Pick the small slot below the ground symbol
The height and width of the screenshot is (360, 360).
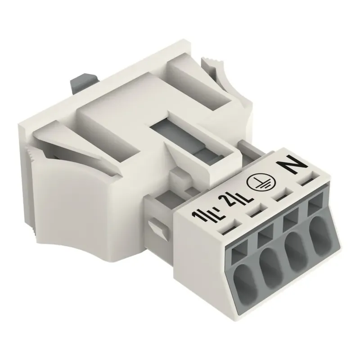(x=281, y=196)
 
